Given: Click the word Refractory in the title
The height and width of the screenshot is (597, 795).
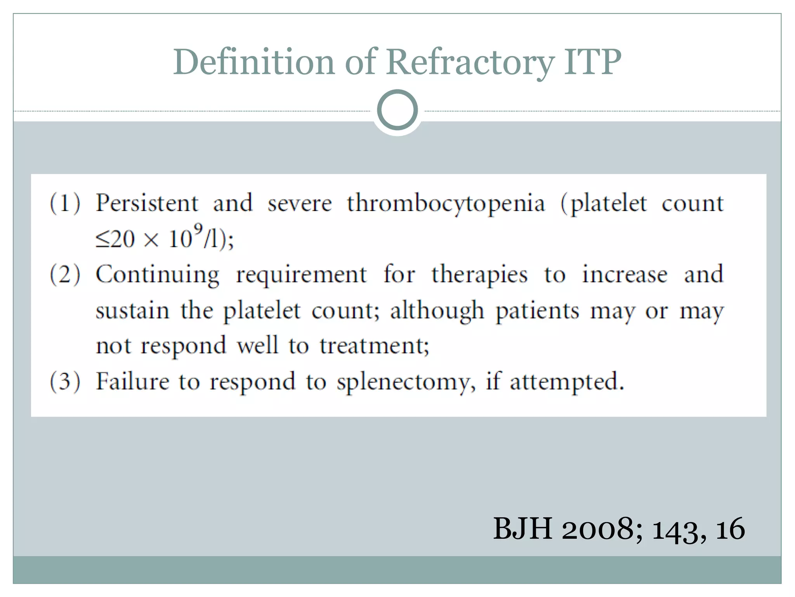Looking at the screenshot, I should (470, 62).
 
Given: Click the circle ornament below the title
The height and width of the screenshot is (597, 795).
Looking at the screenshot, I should (397, 110).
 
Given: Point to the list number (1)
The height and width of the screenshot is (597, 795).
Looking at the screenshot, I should (65, 203).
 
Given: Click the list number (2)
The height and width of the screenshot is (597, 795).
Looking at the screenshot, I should (65, 274).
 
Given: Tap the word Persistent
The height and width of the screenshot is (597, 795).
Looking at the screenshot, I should (147, 203).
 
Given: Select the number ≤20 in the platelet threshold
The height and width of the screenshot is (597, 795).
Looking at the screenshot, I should (115, 239).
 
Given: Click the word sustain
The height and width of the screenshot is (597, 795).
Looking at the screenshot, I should (132, 311).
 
